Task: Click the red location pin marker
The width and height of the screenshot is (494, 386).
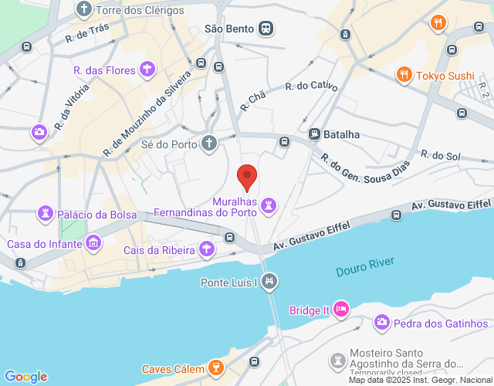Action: click(x=247, y=177)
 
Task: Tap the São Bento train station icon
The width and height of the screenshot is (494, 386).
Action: click(x=266, y=29)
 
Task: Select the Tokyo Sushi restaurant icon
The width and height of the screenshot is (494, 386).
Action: click(x=403, y=75)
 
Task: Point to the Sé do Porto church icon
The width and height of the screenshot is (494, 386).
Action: click(x=208, y=143)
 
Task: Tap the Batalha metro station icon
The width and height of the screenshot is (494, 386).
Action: click(x=315, y=134)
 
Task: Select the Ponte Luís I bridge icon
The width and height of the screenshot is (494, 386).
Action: click(x=269, y=282)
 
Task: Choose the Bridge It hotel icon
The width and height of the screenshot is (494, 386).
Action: click(x=341, y=310)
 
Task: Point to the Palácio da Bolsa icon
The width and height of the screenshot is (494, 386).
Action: click(x=48, y=214)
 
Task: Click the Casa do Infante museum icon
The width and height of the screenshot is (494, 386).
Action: click(x=94, y=244)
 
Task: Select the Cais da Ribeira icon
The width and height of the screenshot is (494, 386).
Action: click(x=206, y=249)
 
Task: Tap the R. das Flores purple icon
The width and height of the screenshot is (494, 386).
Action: click(x=147, y=71)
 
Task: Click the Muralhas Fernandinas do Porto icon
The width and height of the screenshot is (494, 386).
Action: click(x=268, y=205)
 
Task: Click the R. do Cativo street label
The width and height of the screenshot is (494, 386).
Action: click(x=311, y=87)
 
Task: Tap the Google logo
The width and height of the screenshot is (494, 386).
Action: click(x=25, y=377)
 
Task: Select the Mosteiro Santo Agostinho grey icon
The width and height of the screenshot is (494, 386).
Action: click(x=337, y=361)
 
